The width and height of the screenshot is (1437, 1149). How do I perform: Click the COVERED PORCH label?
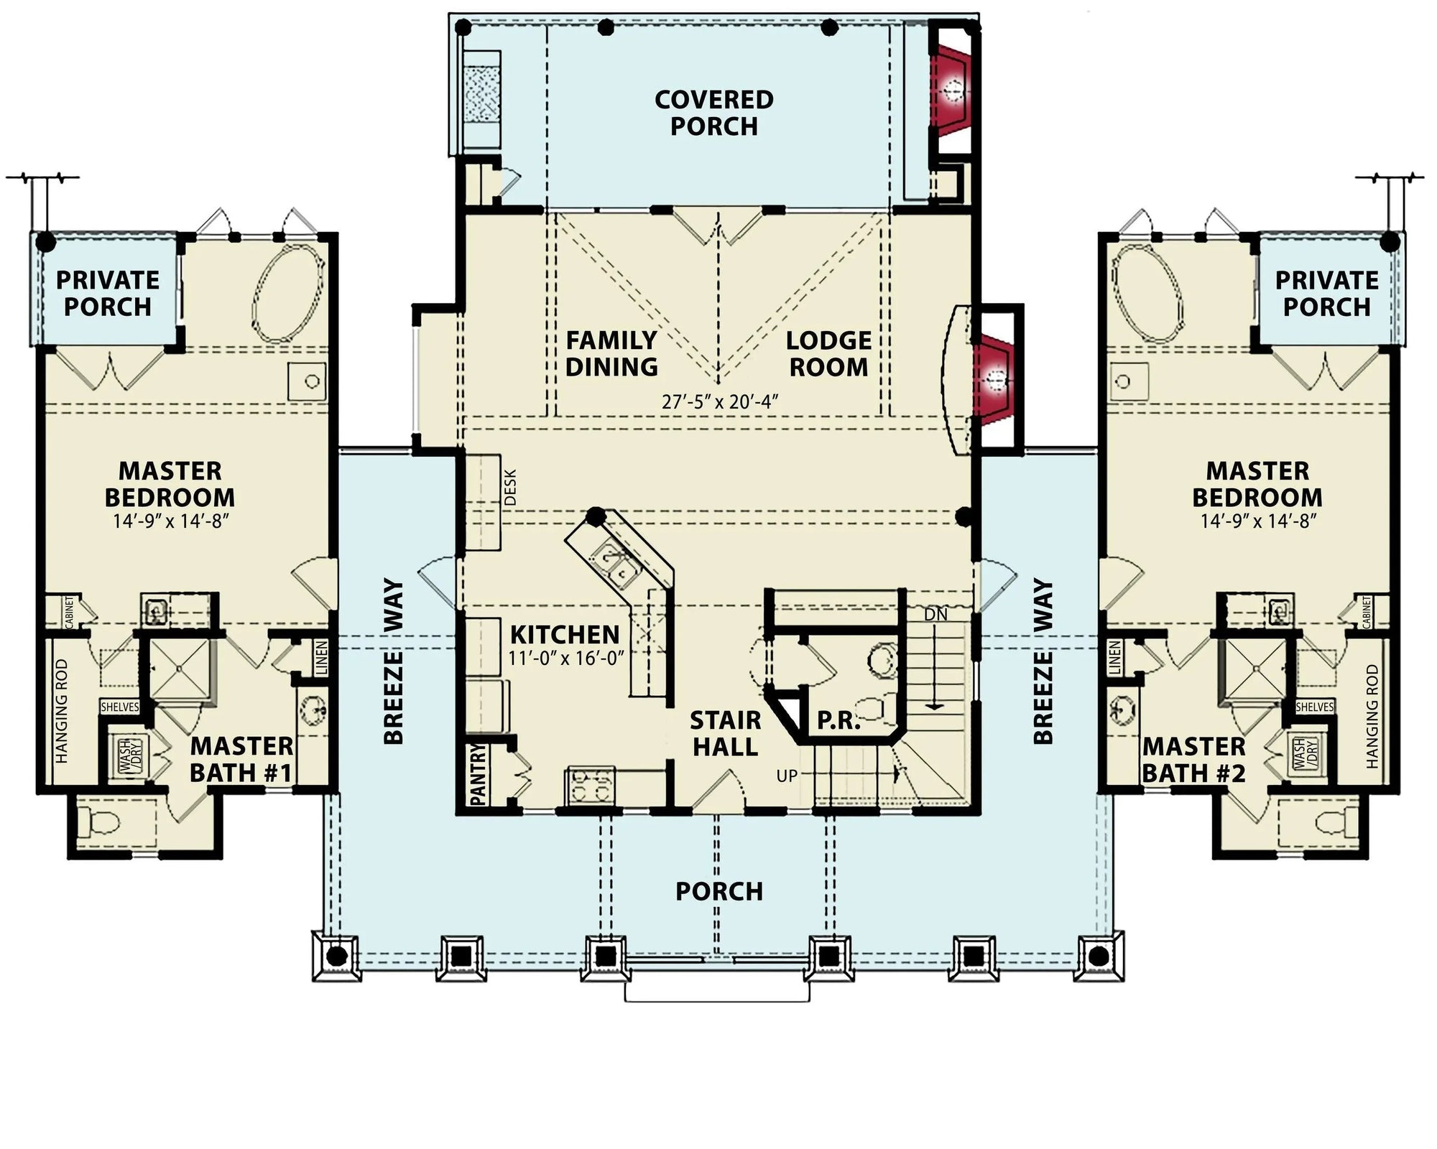713,113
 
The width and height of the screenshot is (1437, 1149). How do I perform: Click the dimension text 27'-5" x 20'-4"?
720,401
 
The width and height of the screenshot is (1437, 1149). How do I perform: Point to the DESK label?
511,488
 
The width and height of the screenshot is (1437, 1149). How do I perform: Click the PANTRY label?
478,773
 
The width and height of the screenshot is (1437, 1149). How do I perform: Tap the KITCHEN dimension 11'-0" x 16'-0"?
565,658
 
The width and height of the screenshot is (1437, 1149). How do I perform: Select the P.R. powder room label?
838,720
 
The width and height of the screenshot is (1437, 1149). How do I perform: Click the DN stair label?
935,615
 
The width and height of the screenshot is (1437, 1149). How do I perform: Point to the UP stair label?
787,776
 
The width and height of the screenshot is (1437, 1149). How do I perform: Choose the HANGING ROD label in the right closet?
1373,716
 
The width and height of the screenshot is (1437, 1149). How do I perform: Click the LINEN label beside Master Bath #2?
1115,656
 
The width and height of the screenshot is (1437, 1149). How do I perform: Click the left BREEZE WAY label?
393,661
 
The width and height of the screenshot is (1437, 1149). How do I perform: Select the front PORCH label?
718,891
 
